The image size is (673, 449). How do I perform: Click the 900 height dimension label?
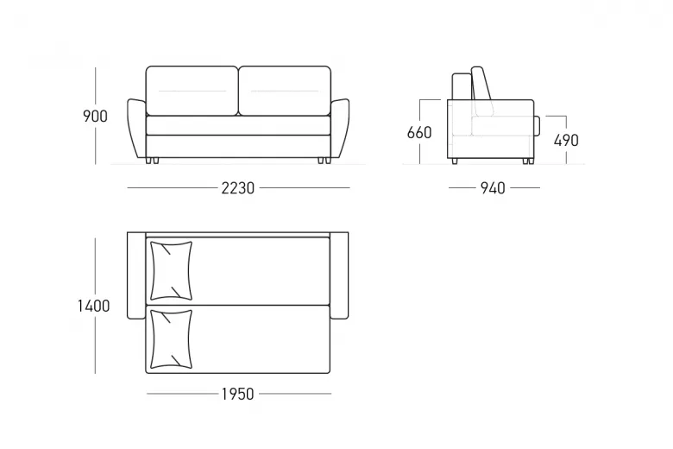click(95, 117)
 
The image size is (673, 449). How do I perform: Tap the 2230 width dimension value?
click(238, 188)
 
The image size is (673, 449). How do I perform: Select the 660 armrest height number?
click(419, 133)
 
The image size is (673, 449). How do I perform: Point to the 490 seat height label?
click(566, 141)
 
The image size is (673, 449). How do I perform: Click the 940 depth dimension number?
click(493, 188)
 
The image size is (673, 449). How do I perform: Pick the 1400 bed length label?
click(93, 306)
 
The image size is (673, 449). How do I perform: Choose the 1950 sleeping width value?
click(238, 394)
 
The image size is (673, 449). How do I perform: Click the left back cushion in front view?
click(192, 91)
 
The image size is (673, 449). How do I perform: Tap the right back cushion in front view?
click(285, 91)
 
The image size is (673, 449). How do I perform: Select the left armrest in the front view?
click(136, 129)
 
